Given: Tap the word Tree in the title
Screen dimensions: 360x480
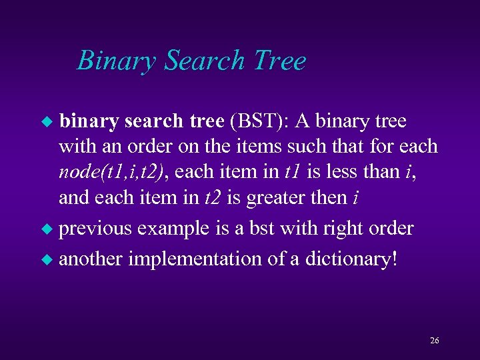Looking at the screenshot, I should tap(279, 61).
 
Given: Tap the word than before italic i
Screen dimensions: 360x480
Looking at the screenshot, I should tap(384, 172).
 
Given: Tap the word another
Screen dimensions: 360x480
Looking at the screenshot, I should tap(91, 259).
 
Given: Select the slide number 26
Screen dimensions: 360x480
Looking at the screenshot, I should tap(434, 341).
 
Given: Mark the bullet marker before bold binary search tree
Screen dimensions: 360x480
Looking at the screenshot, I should tap(47, 122).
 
